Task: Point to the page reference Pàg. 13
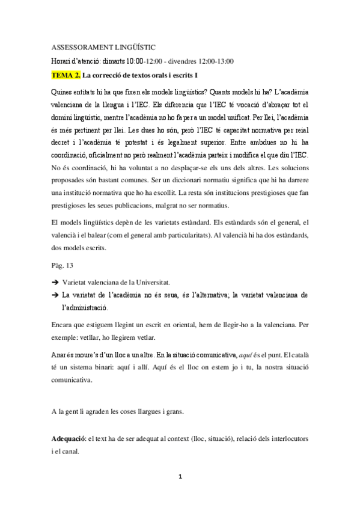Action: [x=63, y=265]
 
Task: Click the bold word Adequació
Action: [x=68, y=440]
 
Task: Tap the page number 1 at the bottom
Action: [x=180, y=478]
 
